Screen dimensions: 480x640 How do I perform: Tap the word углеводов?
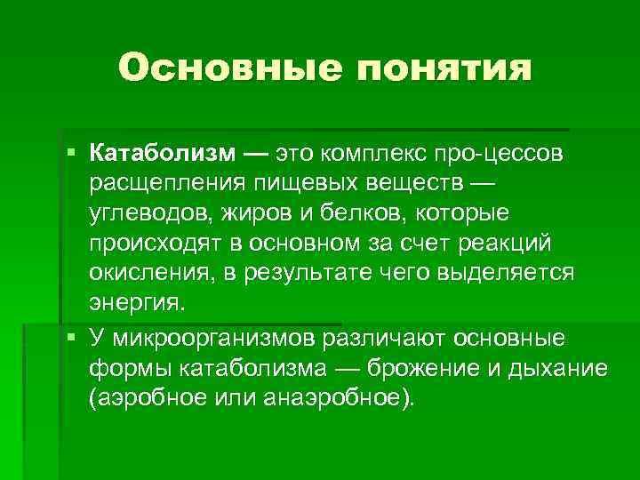(148, 214)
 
